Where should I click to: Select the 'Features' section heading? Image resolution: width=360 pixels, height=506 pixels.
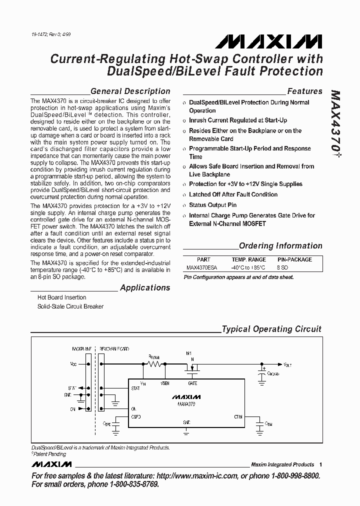pos(304,91)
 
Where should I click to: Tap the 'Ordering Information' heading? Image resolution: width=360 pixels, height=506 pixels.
pos(280,246)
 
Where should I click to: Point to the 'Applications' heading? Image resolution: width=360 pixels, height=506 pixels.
pos(145,288)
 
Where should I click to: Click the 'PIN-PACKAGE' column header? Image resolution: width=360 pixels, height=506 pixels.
pos(294,260)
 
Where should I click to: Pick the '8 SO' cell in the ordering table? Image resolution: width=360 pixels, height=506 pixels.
pos(283,267)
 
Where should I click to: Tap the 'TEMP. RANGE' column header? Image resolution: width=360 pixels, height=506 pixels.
pos(248,260)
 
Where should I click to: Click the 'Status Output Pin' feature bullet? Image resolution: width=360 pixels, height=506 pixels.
pos(212,205)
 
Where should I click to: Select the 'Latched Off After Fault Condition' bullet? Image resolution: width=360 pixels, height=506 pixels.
pos(233,194)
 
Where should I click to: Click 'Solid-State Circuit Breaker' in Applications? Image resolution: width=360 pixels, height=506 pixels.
pos(70,306)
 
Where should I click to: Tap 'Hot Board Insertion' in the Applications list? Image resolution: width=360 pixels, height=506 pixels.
pos(62,297)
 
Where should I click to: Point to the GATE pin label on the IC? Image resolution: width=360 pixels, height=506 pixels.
pos(192,383)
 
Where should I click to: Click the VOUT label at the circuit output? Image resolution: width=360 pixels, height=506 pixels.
pos(287,365)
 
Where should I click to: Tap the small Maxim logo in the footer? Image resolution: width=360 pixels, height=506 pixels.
pos(52,464)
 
